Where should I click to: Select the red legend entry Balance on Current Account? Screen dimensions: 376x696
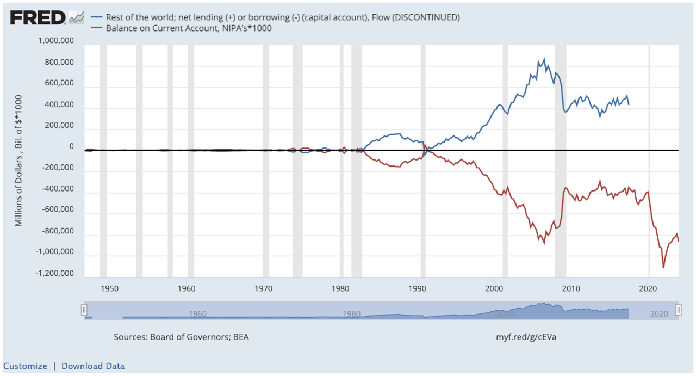tap(188, 28)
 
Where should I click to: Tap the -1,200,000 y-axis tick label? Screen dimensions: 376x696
tap(55, 274)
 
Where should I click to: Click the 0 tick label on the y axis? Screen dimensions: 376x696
tap(71, 147)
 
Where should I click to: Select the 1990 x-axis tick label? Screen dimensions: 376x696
tap(417, 286)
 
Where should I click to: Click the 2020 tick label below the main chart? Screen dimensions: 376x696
tap(648, 286)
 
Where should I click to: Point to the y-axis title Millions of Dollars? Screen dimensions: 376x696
tap(18, 161)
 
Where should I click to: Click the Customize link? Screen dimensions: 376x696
tap(25, 366)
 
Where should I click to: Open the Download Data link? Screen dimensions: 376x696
tap(93, 366)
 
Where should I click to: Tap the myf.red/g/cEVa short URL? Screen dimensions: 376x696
tap(526, 337)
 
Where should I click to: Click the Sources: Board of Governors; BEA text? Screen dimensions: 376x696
tap(181, 337)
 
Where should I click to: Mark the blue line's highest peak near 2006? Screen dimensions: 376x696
tap(544, 59)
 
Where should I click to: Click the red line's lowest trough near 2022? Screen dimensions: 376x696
tap(663, 267)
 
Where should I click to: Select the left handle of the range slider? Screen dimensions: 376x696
tap(84, 310)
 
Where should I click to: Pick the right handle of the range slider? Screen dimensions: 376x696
tap(678, 310)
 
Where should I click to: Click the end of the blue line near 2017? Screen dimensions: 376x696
tap(629, 104)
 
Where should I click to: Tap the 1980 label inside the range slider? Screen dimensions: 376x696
tap(351, 314)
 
